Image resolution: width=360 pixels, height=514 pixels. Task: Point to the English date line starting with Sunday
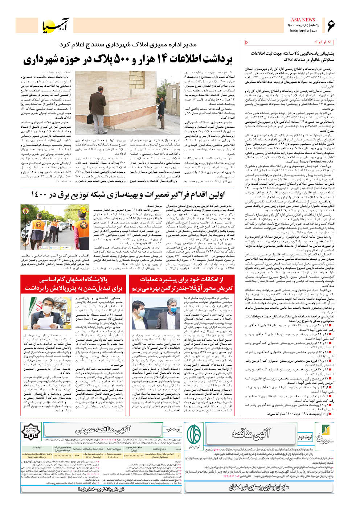(303, 31)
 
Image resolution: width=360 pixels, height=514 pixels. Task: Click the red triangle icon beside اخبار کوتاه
(247, 42)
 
